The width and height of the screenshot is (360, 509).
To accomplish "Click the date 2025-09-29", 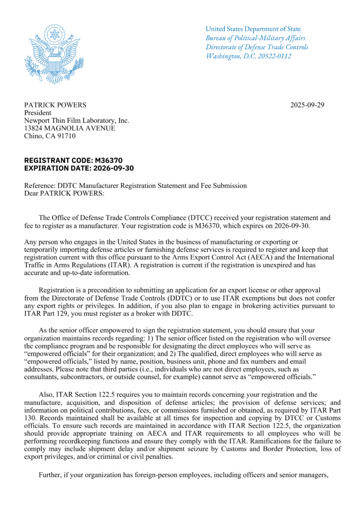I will [307, 105].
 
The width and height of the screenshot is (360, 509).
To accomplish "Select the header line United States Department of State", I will [253, 29].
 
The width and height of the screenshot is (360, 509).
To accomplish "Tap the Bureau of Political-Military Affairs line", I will [256, 38].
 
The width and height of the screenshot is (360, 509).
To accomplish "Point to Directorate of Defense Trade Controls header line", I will [257, 47].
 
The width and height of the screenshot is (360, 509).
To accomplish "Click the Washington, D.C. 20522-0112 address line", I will [249, 56].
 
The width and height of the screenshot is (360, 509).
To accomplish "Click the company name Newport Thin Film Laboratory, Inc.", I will [77, 120].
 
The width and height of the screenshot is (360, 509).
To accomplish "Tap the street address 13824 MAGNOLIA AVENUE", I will [70, 128].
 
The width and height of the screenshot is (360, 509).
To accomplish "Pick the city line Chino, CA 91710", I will [50, 136].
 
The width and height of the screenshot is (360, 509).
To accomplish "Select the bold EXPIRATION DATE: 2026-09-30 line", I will [79, 168].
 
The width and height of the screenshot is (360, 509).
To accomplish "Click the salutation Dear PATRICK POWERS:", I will [64, 193].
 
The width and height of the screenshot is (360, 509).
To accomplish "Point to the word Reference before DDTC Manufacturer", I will [39, 186].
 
